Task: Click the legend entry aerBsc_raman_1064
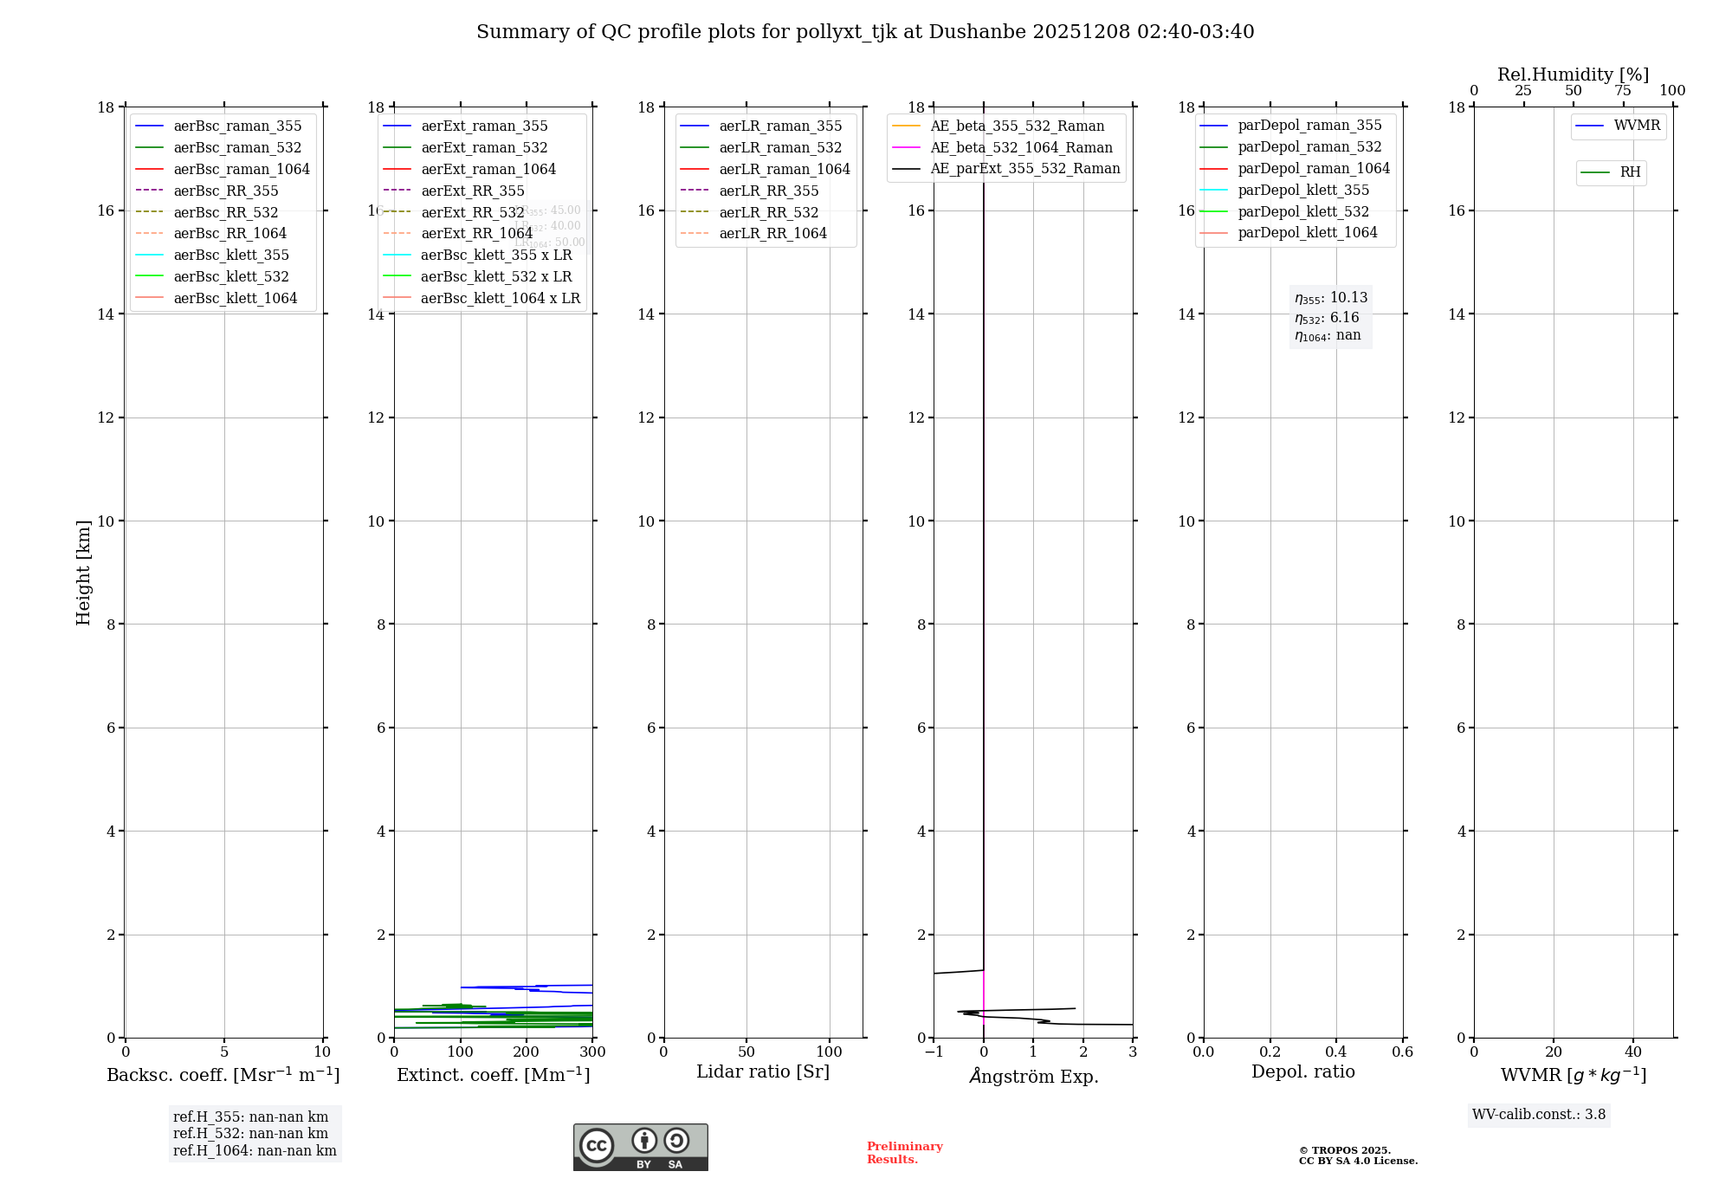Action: point(242,169)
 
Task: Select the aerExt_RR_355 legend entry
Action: point(473,191)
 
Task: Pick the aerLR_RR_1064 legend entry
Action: point(772,233)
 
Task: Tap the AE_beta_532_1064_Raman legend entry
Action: point(1021,147)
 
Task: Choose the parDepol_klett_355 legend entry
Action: point(1303,190)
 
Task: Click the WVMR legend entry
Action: point(1637,126)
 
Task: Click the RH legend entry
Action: point(1630,172)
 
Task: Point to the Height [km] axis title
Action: point(83,572)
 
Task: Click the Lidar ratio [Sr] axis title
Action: point(763,1071)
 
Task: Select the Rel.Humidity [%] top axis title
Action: point(1573,74)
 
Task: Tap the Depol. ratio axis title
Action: point(1302,1071)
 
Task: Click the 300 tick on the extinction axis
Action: point(592,1052)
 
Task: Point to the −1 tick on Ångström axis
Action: point(934,1052)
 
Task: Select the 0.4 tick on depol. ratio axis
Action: point(1336,1052)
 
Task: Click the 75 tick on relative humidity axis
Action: point(1623,91)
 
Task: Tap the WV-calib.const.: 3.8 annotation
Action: point(1538,1115)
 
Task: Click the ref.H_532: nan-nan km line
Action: point(250,1134)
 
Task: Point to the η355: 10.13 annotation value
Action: point(1331,298)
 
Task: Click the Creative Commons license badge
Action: point(640,1147)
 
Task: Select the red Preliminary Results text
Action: point(904,1153)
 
